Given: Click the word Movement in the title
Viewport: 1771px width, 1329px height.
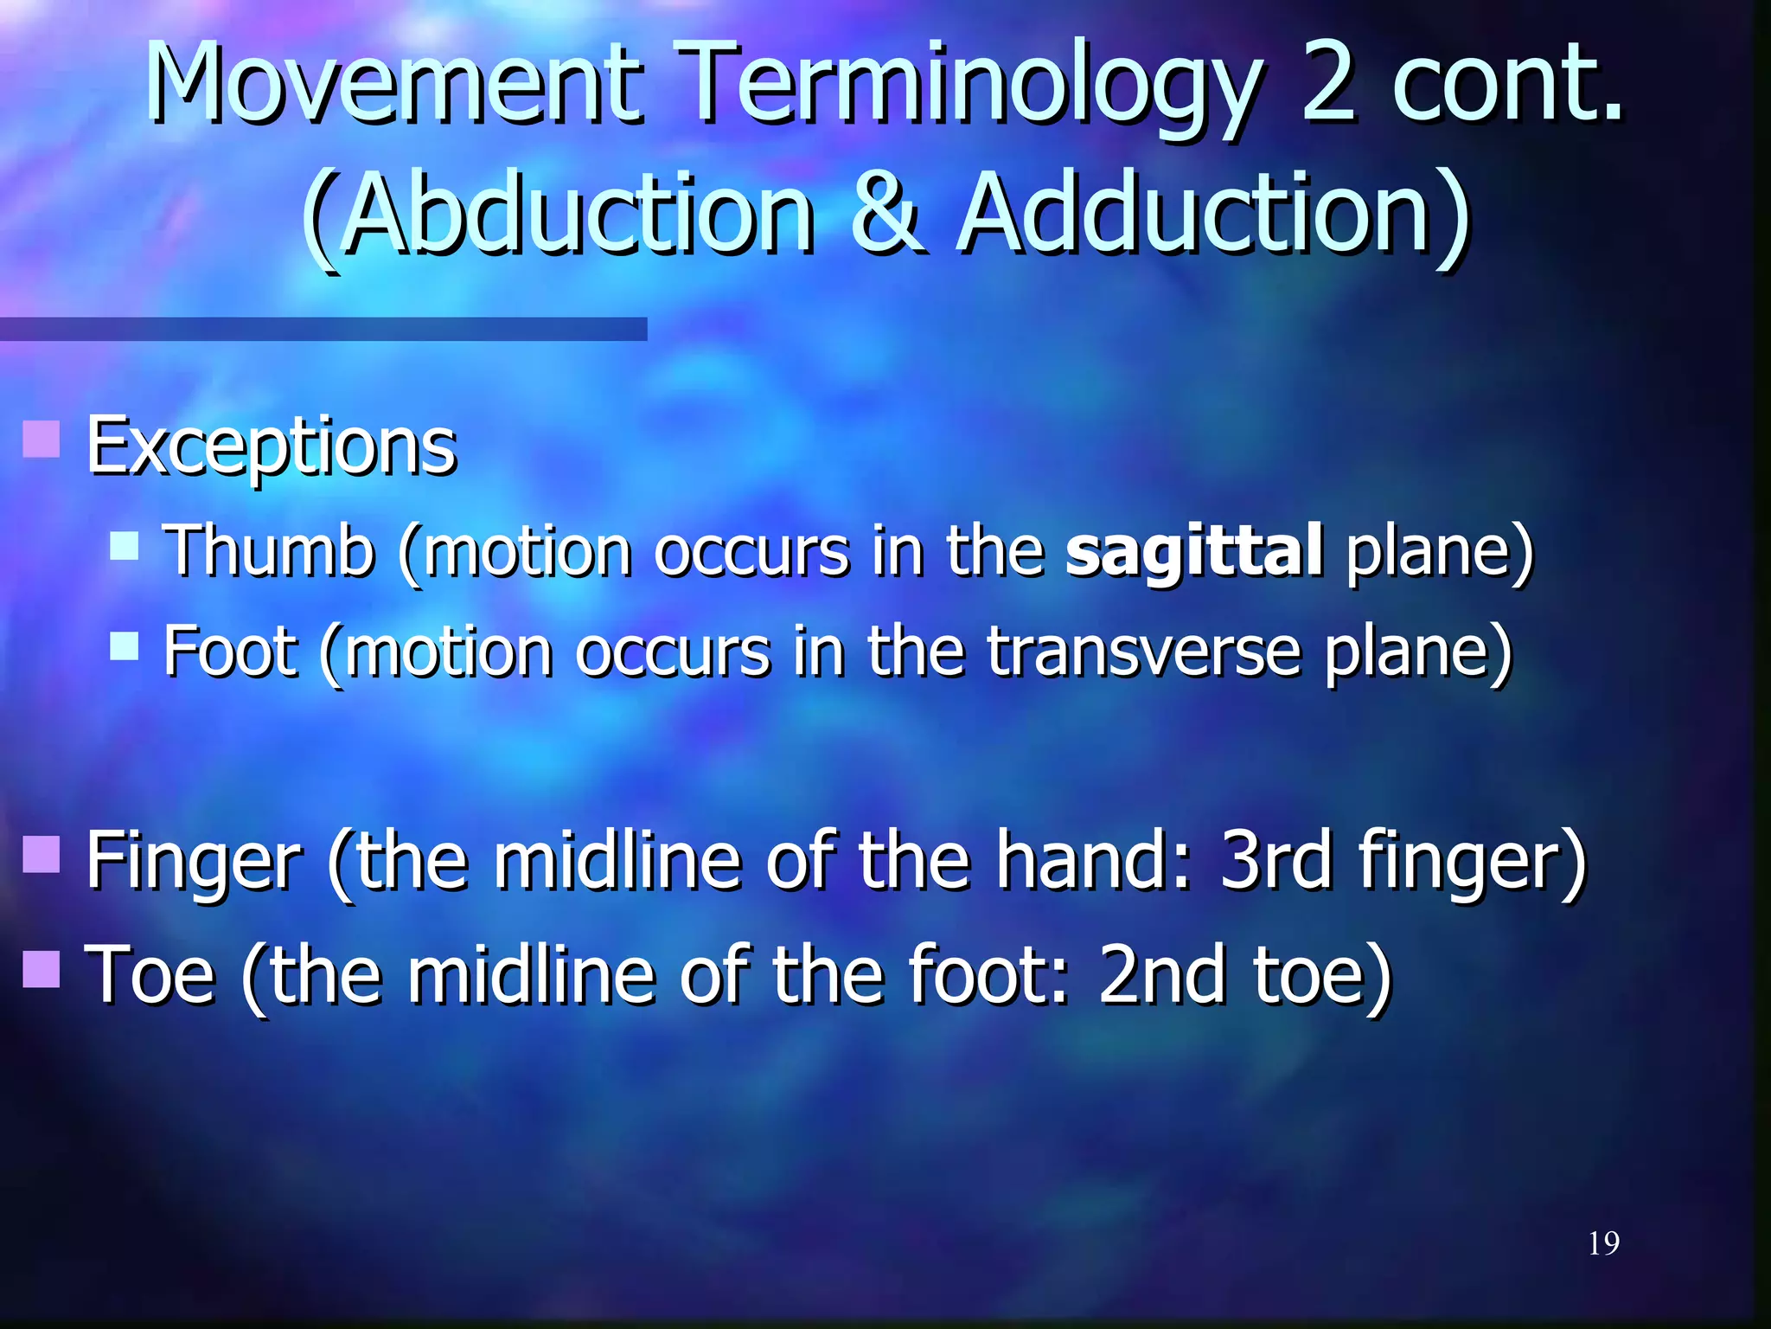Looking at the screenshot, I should [x=394, y=84].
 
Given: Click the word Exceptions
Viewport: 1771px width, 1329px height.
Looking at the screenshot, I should [x=271, y=446].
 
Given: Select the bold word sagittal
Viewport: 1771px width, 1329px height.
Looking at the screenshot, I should [x=1193, y=551].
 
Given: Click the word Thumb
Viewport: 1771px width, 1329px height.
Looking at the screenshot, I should [x=269, y=550].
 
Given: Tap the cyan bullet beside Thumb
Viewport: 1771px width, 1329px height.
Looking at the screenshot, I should [x=125, y=546].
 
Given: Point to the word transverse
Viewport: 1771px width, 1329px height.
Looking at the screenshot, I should [x=1143, y=651].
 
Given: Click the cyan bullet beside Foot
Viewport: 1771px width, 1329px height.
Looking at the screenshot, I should [x=125, y=645].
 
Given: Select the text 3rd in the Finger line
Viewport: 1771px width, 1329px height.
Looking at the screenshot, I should [x=1276, y=860].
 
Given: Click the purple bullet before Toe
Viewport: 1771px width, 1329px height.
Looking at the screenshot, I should [x=41, y=968].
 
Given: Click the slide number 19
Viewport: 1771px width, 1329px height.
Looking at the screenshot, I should [x=1603, y=1243].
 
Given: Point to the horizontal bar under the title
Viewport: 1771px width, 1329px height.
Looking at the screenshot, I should [x=323, y=329].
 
